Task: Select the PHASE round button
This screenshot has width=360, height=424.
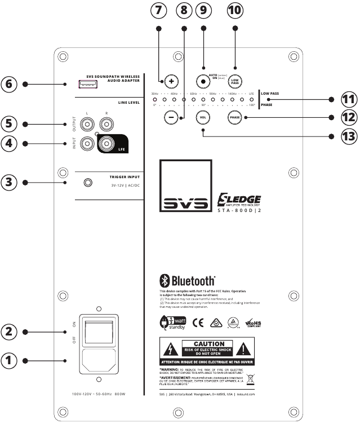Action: click(x=235, y=117)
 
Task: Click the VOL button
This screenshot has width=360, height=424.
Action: click(x=203, y=117)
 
